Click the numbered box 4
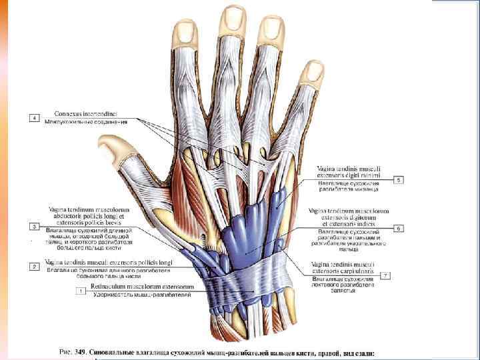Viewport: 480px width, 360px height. pyautogui.click(x=34, y=118)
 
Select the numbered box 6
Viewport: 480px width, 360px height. pyautogui.click(x=399, y=228)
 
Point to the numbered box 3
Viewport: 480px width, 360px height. pyautogui.click(x=35, y=227)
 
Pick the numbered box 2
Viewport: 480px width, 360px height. pyautogui.click(x=35, y=266)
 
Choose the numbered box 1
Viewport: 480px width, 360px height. pyautogui.click(x=81, y=291)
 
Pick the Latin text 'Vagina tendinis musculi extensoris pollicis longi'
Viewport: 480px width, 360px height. pyautogui.click(x=108, y=262)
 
